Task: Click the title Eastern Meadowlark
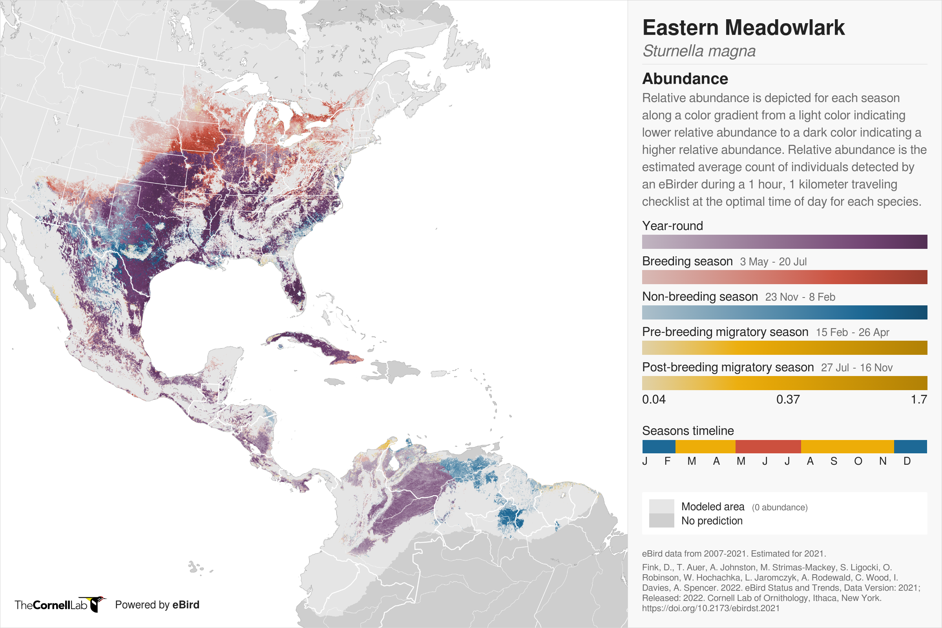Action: [x=743, y=28]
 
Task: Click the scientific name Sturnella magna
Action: [x=699, y=51]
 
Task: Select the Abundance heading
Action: [x=685, y=79]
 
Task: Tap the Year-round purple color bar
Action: [x=784, y=242]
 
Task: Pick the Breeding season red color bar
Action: [x=784, y=277]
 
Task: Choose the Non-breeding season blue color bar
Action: [x=784, y=312]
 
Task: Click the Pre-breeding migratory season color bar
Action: [x=784, y=348]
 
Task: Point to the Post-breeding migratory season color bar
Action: [x=784, y=383]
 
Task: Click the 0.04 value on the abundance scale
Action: [x=654, y=400]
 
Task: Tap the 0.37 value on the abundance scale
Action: [x=788, y=400]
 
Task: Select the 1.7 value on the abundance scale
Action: [x=919, y=400]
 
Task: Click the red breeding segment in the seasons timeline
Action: [x=768, y=447]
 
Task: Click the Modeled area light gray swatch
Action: [x=661, y=506]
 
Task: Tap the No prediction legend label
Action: [x=712, y=521]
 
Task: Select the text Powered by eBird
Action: [x=157, y=605]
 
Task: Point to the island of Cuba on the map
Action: [x=316, y=345]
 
